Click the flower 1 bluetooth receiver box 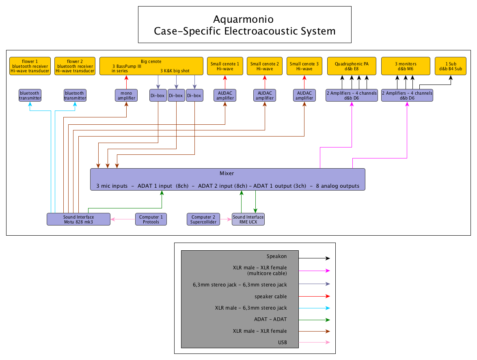pos(30,66)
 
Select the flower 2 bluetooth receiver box pos(75,66)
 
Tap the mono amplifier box pos(126,95)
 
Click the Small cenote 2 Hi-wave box pos(265,66)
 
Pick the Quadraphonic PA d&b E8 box pos(352,66)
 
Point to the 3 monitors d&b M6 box pos(406,66)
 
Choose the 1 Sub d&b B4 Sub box pos(451,66)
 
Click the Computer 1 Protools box pos(151,219)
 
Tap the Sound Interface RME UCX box pos(248,219)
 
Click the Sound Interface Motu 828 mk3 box pos(79,219)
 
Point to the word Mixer pos(227,173)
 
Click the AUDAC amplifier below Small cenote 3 pos(304,95)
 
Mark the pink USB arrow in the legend pos(315,342)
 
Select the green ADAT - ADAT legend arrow pos(315,319)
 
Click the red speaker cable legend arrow pos(315,296)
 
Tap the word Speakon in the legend pos(276,256)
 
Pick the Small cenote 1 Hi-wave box pos(225,66)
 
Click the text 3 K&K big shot pos(175,71)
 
